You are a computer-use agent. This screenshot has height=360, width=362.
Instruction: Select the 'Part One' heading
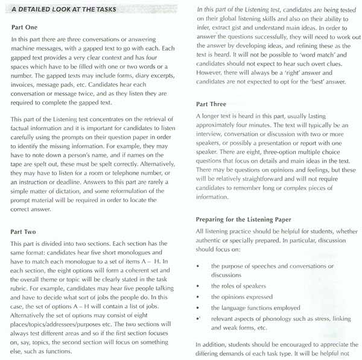tap(26, 28)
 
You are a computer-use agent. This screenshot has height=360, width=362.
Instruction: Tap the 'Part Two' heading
tap(26, 230)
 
